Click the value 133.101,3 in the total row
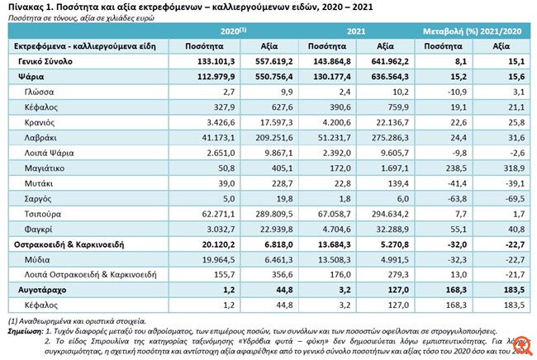click(x=216, y=61)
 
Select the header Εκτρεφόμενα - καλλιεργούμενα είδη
click(x=73, y=46)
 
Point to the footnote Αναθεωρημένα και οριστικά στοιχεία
click(x=83, y=319)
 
